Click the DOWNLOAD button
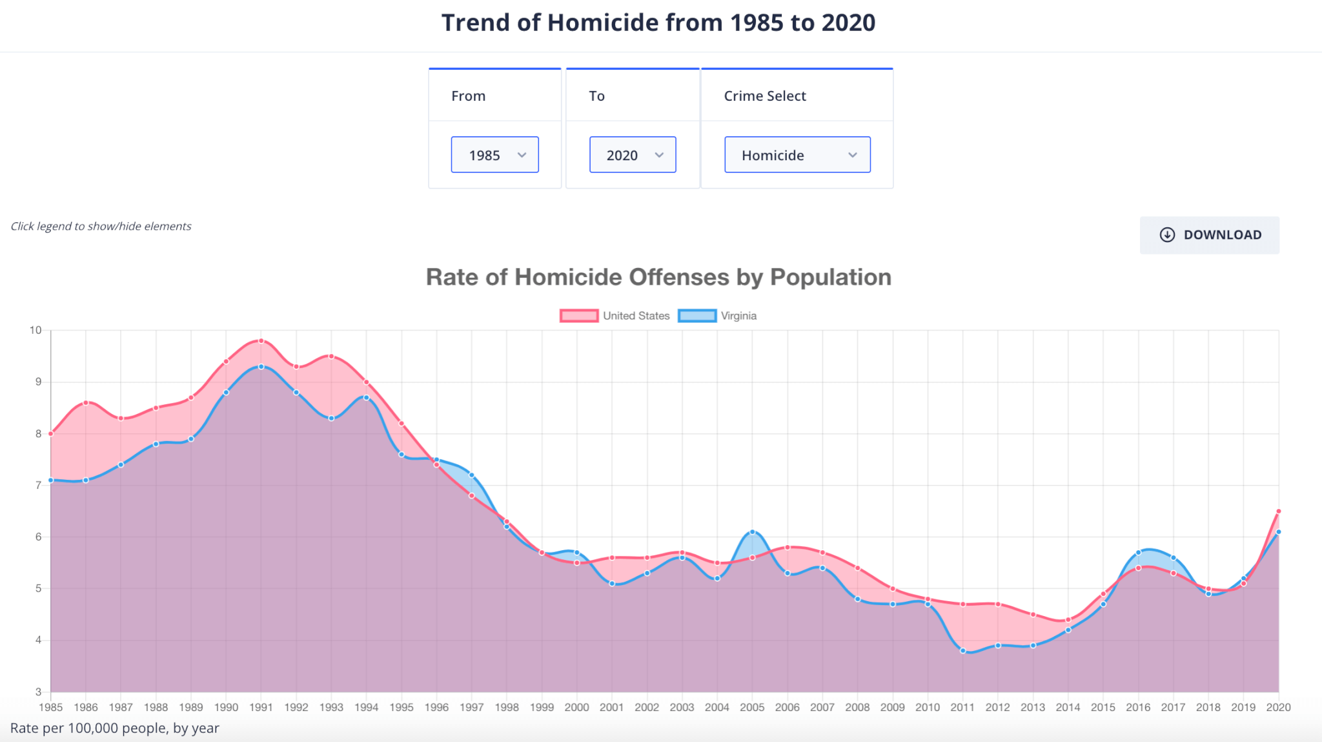(x=1209, y=235)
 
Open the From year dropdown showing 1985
(x=494, y=155)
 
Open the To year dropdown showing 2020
(x=632, y=155)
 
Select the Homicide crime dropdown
(x=797, y=155)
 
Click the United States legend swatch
(x=579, y=316)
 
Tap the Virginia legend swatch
(x=697, y=316)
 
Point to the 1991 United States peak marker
(x=261, y=340)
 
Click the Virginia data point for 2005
(x=752, y=532)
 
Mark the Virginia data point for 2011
(x=962, y=651)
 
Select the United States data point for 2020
(x=1278, y=511)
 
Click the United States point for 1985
(x=51, y=434)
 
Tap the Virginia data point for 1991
(x=261, y=367)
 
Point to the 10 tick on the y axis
(x=36, y=330)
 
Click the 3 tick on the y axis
(x=38, y=692)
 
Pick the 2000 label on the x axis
(x=576, y=707)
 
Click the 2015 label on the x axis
(x=1103, y=707)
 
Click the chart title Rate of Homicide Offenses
(x=658, y=277)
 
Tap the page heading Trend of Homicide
(x=658, y=23)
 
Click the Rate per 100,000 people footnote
(x=115, y=728)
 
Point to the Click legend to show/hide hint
(x=101, y=226)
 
